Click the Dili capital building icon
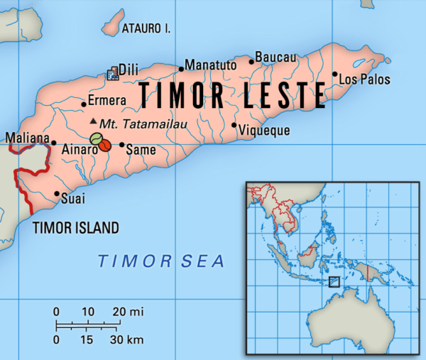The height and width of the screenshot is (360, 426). click(111, 73)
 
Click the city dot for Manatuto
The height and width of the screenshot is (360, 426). click(182, 69)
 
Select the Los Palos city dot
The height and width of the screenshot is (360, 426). click(335, 74)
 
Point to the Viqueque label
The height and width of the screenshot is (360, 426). click(263, 131)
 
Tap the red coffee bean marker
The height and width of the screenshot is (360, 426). click(104, 145)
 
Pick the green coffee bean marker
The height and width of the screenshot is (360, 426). click(97, 139)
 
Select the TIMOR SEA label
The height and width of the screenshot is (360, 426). click(161, 261)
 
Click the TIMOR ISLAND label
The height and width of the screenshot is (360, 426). click(76, 228)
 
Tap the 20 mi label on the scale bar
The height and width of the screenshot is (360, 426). click(128, 312)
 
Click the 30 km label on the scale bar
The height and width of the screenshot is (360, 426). click(128, 340)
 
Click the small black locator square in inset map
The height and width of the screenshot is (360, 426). click(334, 282)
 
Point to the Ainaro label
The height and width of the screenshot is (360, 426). click(75, 150)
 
